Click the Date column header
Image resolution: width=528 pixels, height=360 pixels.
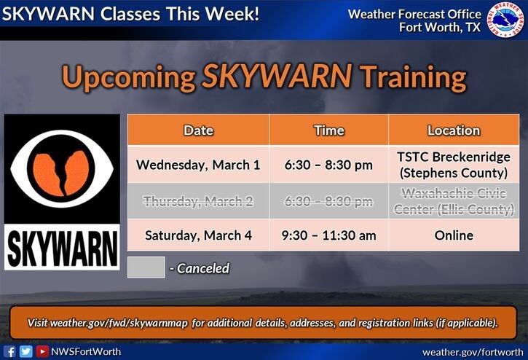click(x=198, y=130)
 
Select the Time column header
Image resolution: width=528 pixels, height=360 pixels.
click(x=328, y=130)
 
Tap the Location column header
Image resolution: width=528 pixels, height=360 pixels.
click(x=454, y=130)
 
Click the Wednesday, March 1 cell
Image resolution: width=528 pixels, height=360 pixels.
click(x=198, y=165)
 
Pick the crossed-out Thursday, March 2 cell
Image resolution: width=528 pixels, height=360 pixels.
click(x=198, y=200)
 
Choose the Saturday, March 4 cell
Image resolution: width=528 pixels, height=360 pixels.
click(x=198, y=235)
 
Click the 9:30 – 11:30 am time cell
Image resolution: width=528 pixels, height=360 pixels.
click(x=328, y=235)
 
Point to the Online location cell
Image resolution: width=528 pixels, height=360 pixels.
click(x=454, y=235)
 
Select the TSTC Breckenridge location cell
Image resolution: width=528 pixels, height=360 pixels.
click(x=454, y=165)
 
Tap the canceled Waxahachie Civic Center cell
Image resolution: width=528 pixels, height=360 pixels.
click(x=454, y=200)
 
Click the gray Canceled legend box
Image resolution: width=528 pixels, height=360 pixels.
click(x=146, y=267)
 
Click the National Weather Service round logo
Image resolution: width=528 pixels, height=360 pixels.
click(x=506, y=20)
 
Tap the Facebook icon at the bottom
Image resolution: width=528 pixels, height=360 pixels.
click(x=10, y=351)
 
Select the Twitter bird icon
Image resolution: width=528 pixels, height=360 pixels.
click(x=26, y=351)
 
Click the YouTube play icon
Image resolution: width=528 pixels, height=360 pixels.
click(x=42, y=351)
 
